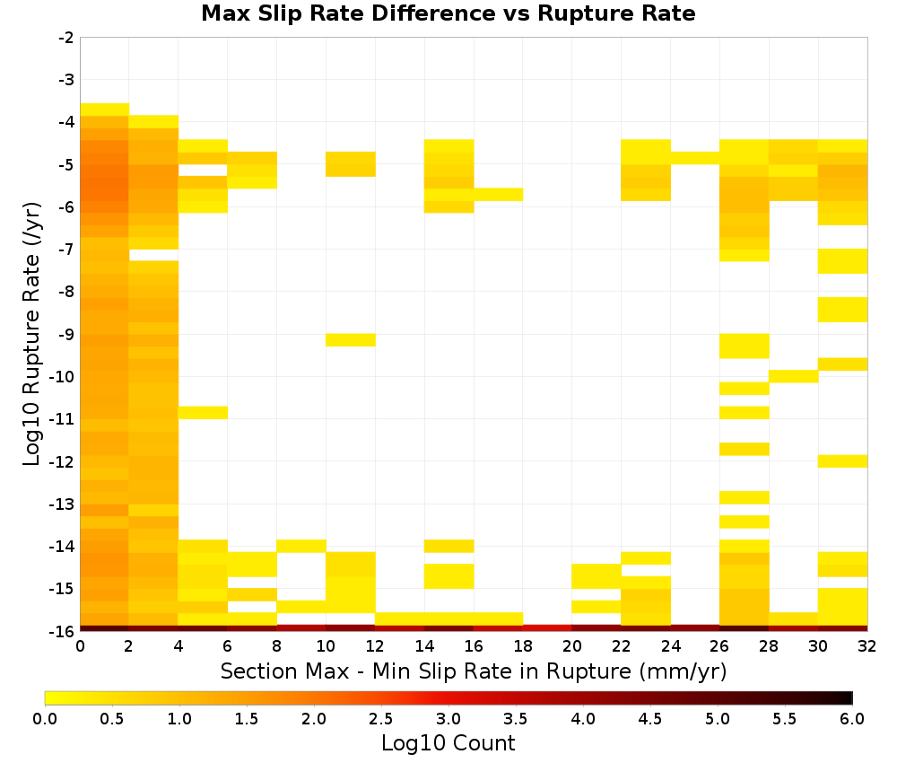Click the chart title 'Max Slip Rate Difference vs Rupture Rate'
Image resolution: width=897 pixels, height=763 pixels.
pyautogui.click(x=448, y=13)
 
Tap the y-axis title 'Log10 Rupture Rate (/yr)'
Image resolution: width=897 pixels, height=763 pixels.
pyautogui.click(x=31, y=334)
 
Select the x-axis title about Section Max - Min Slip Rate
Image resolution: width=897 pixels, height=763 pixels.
pyautogui.click(x=473, y=671)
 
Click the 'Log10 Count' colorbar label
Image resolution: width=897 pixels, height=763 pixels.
pyautogui.click(x=448, y=743)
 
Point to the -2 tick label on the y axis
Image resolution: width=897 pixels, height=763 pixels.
pyautogui.click(x=66, y=38)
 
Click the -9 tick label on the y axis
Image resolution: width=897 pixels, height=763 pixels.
pyautogui.click(x=66, y=334)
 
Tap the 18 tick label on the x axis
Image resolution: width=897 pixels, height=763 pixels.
pyautogui.click(x=523, y=646)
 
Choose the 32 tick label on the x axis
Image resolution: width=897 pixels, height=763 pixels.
pyautogui.click(x=867, y=646)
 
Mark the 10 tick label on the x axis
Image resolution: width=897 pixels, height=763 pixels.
pyautogui.click(x=326, y=646)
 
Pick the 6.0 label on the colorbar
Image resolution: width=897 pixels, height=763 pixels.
pyautogui.click(x=852, y=719)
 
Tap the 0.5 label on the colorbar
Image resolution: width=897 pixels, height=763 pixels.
pyautogui.click(x=111, y=719)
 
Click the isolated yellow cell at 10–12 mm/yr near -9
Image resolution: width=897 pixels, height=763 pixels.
pyautogui.click(x=351, y=340)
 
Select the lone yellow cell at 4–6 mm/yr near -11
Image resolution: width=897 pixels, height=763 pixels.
pyautogui.click(x=203, y=412)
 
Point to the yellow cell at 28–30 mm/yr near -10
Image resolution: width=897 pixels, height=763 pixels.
pyautogui.click(x=794, y=376)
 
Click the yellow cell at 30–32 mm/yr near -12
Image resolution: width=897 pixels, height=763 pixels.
pyautogui.click(x=842, y=460)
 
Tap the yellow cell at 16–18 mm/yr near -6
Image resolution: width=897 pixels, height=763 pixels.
pyautogui.click(x=498, y=195)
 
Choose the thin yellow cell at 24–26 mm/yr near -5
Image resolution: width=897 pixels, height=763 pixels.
pyautogui.click(x=695, y=158)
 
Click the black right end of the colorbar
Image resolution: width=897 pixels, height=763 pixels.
pyautogui.click(x=849, y=697)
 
